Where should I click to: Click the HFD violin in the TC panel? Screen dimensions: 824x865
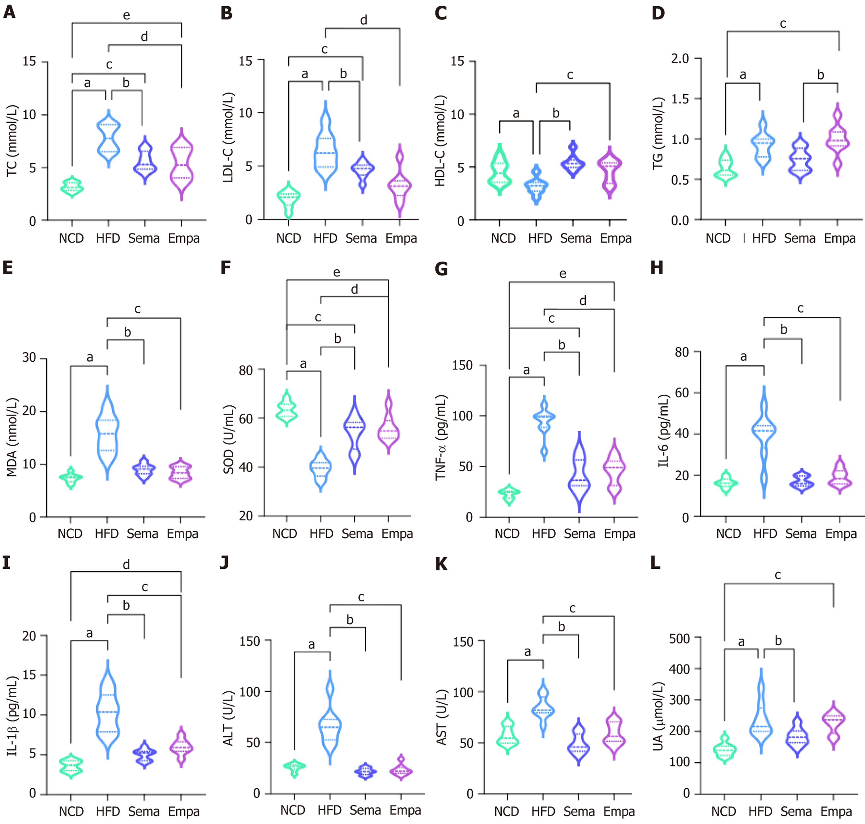click(108, 138)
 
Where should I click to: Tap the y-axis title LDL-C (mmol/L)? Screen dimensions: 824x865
click(228, 138)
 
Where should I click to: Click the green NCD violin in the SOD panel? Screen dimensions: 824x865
click(287, 408)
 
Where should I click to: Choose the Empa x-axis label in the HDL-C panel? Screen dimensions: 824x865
click(616, 238)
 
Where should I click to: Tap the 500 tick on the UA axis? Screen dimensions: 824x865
click(679, 639)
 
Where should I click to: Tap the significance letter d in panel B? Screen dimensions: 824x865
click(363, 21)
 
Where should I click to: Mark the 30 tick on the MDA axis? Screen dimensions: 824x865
click(29, 358)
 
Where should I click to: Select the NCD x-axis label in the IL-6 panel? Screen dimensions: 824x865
click(728, 534)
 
